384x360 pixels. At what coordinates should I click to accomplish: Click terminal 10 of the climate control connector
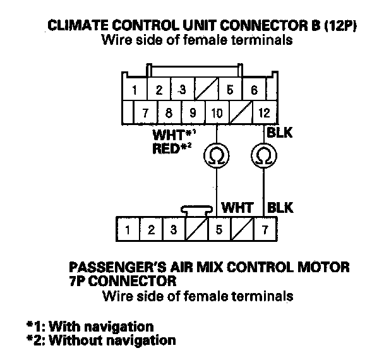217,114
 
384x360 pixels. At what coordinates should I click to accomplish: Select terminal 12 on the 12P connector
263,114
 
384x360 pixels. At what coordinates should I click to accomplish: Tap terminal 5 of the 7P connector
218,229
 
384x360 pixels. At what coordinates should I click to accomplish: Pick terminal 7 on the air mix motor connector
263,229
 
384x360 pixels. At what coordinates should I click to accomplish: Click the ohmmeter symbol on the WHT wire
217,155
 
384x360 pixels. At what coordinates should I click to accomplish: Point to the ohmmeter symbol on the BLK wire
263,155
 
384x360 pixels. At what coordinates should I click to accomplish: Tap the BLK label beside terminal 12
279,133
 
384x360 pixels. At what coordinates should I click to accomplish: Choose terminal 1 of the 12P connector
135,90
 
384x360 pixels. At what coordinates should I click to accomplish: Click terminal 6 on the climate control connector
254,90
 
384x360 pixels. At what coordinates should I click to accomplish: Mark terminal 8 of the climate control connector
169,114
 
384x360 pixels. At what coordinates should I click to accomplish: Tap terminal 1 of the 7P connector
128,229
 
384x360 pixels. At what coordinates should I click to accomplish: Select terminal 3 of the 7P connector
172,229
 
